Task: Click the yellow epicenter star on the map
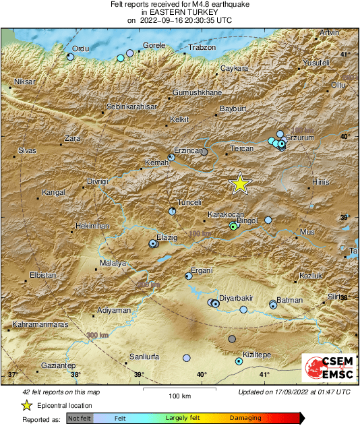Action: pos(239,183)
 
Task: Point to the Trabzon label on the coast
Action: pos(202,47)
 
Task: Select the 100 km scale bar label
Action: pos(179,395)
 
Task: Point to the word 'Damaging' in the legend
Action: pos(246,419)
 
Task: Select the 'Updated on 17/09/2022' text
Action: pos(294,392)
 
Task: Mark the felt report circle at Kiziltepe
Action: pos(239,362)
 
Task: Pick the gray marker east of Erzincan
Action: pos(204,152)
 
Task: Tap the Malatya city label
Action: pos(113,263)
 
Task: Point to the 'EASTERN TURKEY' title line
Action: pos(179,12)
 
